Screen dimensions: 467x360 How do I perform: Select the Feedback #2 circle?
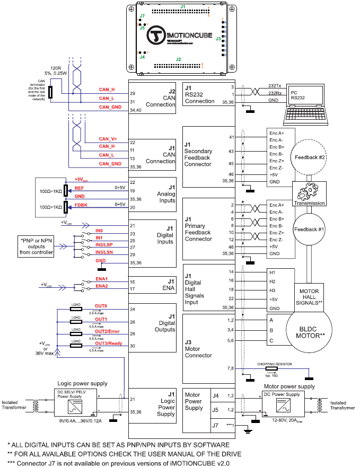pyautogui.click(x=312, y=157)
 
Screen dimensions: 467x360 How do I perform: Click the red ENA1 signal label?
pyautogui.click(x=101, y=278)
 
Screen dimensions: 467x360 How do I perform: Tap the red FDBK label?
pyautogui.click(x=81, y=204)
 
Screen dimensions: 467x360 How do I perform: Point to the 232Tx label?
pyautogui.click(x=275, y=85)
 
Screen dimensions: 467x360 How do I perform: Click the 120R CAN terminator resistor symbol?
pyautogui.click(x=50, y=92)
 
